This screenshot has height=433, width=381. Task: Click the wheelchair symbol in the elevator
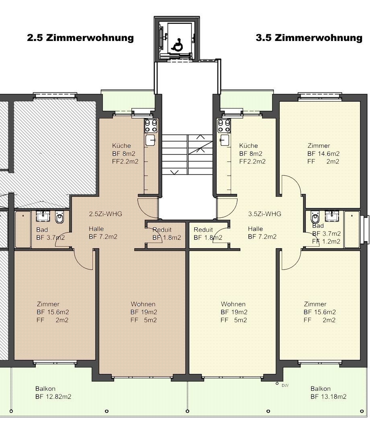[177, 45]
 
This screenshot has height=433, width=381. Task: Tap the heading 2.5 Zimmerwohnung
[80, 38]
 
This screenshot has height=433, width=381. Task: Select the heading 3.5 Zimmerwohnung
[309, 38]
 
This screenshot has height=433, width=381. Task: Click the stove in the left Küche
[151, 126]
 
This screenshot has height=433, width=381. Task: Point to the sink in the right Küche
[225, 140]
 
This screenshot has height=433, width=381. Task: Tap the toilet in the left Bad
[59, 217]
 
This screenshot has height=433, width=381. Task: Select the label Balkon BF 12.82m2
[53, 393]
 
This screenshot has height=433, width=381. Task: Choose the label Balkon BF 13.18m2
[328, 393]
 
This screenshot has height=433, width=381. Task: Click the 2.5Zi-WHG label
[105, 214]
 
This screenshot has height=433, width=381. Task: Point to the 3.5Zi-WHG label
[264, 214]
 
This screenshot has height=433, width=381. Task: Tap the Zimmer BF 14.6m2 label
[323, 153]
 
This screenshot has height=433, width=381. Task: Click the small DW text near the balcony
[285, 386]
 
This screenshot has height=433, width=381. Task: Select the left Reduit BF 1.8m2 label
[167, 234]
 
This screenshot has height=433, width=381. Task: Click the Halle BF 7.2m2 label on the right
[262, 233]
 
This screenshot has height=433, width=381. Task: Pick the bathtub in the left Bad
[23, 229]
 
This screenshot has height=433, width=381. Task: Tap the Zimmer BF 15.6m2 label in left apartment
[53, 312]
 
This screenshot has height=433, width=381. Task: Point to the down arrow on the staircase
[174, 172]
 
